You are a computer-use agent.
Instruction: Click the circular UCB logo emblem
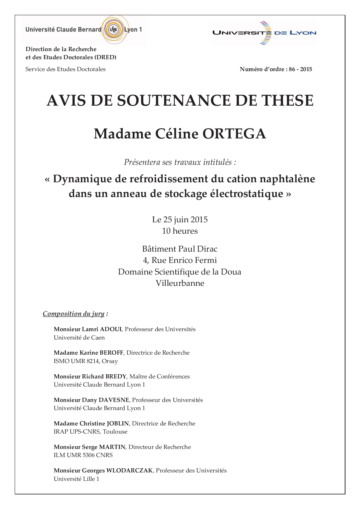point(113,30)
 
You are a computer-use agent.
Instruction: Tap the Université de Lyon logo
point(264,33)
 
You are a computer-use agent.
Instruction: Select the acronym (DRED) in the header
point(105,57)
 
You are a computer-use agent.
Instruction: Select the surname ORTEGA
point(234,134)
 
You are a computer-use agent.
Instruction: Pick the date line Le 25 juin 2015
point(180,220)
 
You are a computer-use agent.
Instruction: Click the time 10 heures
point(180,231)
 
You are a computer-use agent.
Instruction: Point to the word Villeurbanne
point(180,283)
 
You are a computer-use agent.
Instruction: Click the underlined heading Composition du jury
point(73,314)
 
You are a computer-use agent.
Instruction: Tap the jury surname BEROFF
point(112,353)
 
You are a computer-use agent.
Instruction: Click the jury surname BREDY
point(116,377)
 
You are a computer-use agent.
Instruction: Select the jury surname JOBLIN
point(118,424)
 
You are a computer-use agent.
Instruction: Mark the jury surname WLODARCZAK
point(129,471)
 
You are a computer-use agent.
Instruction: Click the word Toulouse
point(115,432)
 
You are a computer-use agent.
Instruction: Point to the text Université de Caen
point(79,338)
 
